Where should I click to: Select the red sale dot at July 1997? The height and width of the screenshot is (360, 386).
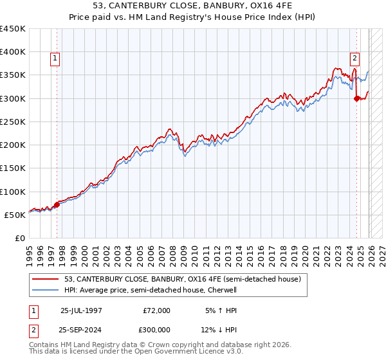point(57,204)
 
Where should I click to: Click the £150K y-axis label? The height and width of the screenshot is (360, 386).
point(13,168)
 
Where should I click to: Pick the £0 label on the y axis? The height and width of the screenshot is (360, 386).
point(21,238)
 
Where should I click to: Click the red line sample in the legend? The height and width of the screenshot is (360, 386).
point(46,279)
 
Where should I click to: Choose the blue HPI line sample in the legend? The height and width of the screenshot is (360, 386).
point(46,290)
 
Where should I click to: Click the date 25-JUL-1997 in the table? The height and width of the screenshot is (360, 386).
point(80,310)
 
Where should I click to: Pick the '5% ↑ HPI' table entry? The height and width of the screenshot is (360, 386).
point(219,310)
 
